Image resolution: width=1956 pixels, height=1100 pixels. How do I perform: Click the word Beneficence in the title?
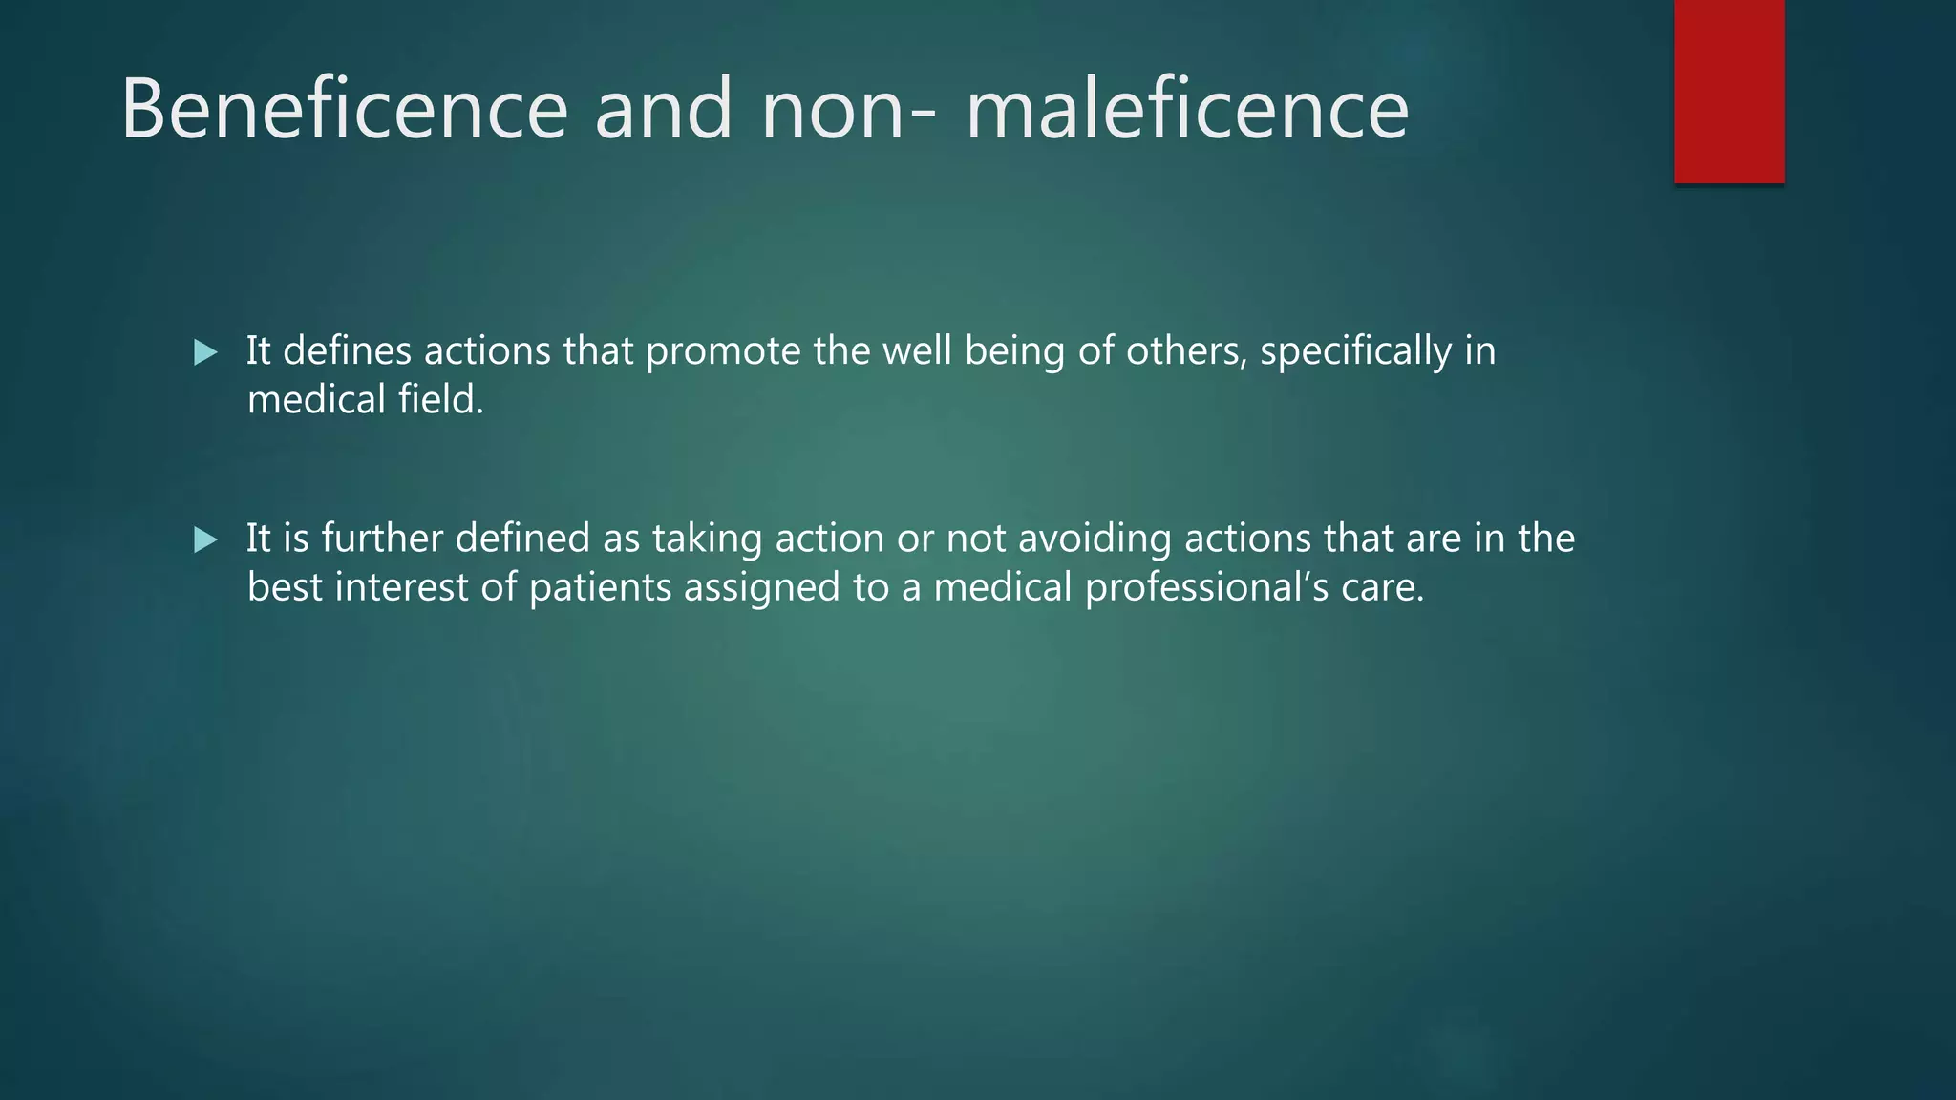click(x=345, y=109)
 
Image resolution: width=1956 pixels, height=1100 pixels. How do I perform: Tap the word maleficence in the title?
click(x=1187, y=109)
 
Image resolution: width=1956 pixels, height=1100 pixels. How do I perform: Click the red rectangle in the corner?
click(x=1729, y=91)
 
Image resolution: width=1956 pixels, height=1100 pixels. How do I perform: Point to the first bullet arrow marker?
click(x=205, y=352)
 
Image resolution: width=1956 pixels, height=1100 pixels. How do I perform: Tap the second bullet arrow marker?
click(x=205, y=539)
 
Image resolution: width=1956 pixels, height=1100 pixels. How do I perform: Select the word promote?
click(x=723, y=352)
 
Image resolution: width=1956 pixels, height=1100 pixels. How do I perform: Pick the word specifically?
click(x=1355, y=352)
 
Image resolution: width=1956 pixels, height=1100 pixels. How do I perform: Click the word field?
click(x=440, y=399)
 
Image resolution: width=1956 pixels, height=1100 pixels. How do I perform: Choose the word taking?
click(x=707, y=539)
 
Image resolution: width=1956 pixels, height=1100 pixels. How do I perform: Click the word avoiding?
click(x=1095, y=539)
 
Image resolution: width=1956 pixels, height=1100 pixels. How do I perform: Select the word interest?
click(x=401, y=586)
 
